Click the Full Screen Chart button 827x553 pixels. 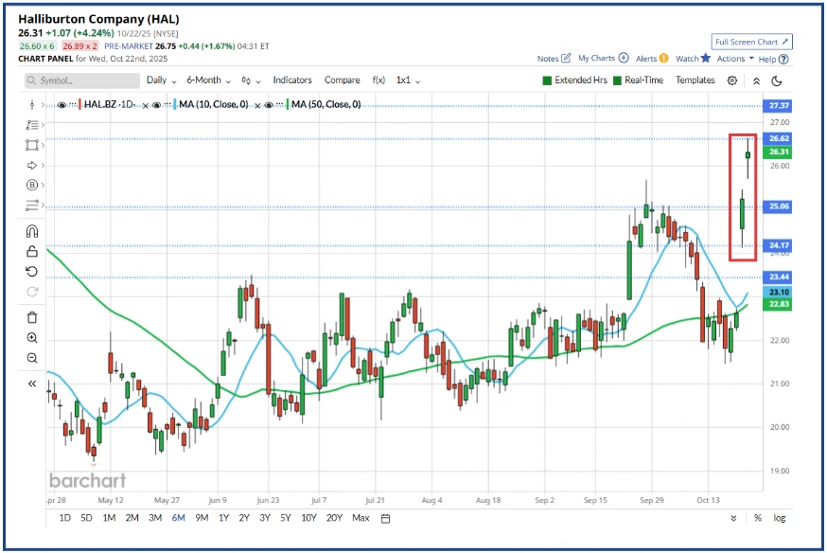tap(751, 42)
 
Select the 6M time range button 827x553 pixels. tap(178, 518)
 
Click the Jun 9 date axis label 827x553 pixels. tap(217, 498)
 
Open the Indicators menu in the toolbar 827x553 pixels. tap(292, 80)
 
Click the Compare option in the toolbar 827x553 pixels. tap(343, 80)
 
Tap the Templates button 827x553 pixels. tap(695, 80)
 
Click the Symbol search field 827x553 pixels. tap(80, 81)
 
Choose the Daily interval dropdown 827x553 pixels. tap(162, 80)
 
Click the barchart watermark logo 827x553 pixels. tap(86, 480)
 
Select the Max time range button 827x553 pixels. tap(361, 518)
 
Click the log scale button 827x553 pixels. tap(779, 518)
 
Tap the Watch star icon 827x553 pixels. tap(706, 58)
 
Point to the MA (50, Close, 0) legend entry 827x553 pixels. tap(325, 104)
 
